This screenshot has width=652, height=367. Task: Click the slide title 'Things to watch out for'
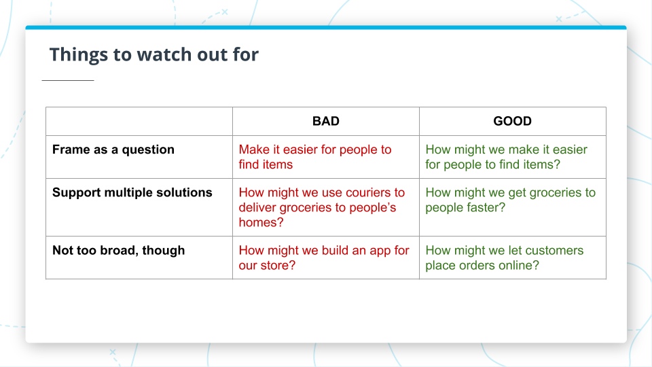(x=153, y=54)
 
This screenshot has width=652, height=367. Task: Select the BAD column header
(x=325, y=121)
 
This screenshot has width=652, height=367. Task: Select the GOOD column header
(x=512, y=121)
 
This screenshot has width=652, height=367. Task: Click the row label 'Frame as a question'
(x=113, y=150)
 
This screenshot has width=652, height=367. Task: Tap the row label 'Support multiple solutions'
(x=132, y=192)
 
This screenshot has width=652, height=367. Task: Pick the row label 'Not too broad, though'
(x=119, y=250)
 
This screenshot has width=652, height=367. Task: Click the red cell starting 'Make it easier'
(x=315, y=157)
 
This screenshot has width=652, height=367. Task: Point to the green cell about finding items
(x=506, y=157)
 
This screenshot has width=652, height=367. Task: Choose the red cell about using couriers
(x=321, y=207)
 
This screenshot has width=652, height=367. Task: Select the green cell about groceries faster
(x=510, y=200)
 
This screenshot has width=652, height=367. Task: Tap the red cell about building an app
(x=324, y=258)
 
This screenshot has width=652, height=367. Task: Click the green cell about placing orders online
(x=504, y=258)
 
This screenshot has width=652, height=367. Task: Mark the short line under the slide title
(x=68, y=80)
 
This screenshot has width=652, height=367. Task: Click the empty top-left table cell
(x=139, y=121)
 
